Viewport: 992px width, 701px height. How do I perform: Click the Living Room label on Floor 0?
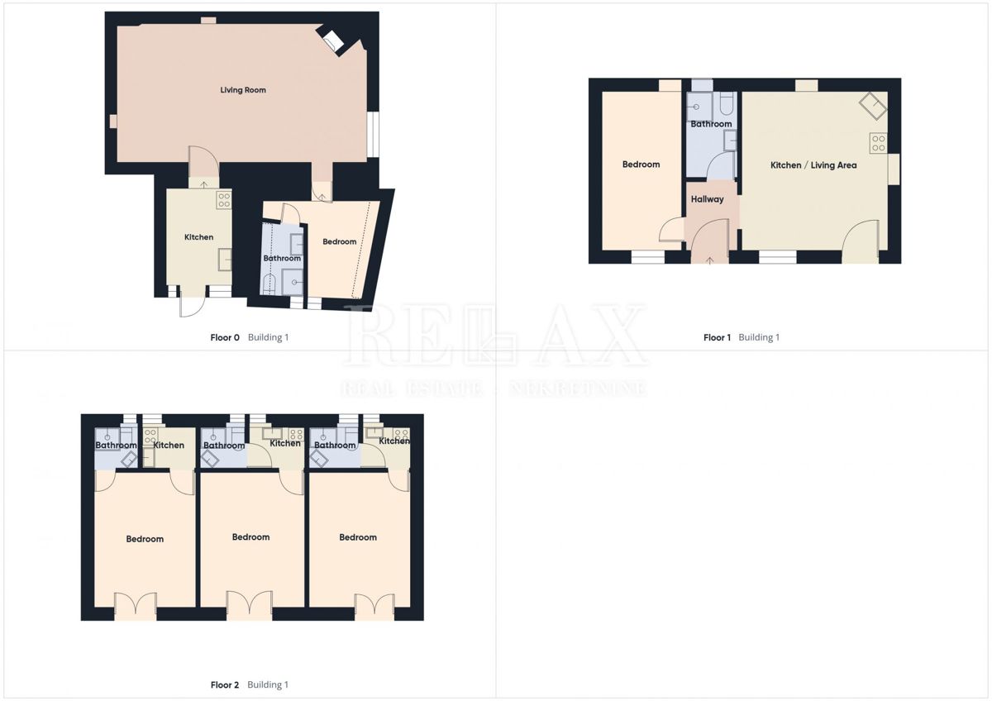[243, 89]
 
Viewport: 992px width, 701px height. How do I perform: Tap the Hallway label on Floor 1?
[707, 199]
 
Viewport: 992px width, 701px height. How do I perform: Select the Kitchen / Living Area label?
[813, 165]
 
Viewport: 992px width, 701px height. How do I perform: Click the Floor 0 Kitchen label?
[198, 237]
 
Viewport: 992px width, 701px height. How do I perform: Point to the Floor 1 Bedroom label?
[641, 165]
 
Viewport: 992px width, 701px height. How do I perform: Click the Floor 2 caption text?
[225, 684]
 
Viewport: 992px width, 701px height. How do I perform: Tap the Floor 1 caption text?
[718, 337]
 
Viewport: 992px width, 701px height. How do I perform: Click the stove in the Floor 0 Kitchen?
[224, 199]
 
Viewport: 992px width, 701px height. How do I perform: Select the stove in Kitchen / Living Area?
[878, 143]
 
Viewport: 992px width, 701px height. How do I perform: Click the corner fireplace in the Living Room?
[333, 41]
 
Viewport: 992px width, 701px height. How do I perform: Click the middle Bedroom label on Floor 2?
[250, 537]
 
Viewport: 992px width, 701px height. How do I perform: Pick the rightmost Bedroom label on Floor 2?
[358, 537]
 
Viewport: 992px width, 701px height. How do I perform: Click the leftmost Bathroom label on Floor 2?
[116, 446]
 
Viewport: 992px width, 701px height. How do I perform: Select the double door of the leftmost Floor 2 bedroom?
[135, 607]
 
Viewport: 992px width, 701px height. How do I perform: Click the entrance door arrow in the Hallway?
[711, 260]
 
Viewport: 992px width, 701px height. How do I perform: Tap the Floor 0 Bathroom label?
[282, 259]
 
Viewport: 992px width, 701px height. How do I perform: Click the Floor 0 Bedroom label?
[339, 241]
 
